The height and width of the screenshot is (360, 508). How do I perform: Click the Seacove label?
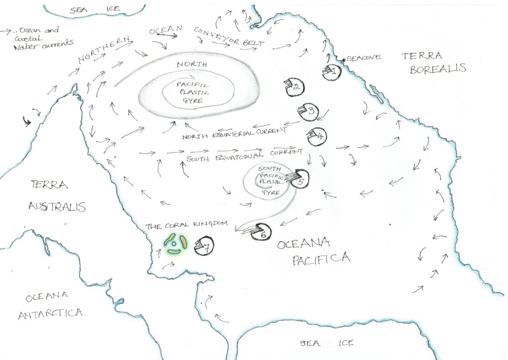click(x=364, y=58)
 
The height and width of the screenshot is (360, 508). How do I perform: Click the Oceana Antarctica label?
click(x=49, y=305)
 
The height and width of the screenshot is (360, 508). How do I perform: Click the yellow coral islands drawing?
click(x=175, y=243)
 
